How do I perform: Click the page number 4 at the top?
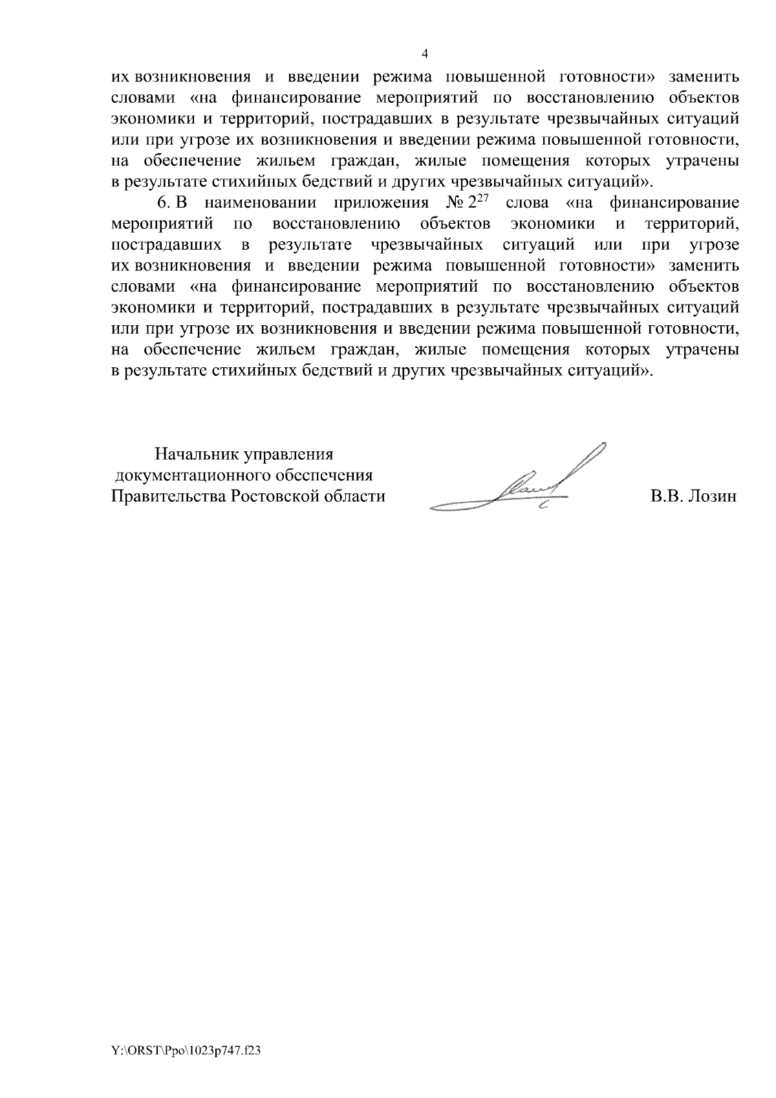tap(425, 54)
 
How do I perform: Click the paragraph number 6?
tap(162, 204)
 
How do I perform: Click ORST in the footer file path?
tap(140, 1051)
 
